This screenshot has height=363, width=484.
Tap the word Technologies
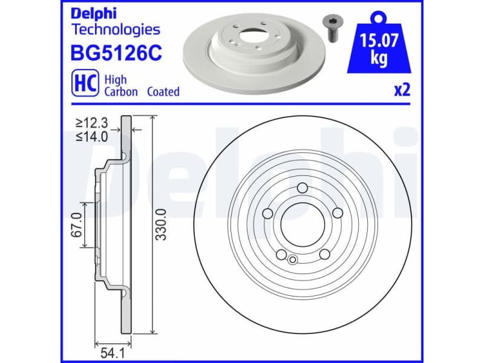(116, 28)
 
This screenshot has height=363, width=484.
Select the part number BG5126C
(117, 53)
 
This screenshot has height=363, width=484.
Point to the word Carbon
(121, 92)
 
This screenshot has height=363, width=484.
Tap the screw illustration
(332, 28)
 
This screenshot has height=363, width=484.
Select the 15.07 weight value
(379, 42)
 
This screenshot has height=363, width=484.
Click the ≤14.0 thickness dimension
(91, 136)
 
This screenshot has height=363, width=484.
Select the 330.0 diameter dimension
(161, 224)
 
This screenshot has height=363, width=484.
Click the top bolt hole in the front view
(301, 188)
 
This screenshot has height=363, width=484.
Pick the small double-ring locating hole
(292, 260)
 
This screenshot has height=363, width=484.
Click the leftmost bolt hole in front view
(266, 213)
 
